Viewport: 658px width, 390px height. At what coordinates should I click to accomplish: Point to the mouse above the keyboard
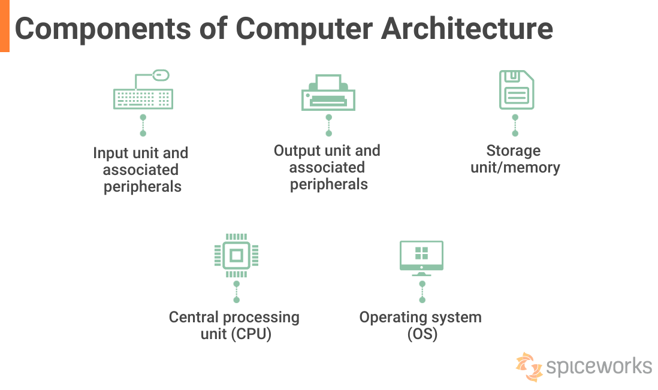[x=161, y=75]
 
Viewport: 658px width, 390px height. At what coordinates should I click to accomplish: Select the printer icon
[x=328, y=93]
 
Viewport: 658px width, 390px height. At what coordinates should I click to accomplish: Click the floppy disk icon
[x=516, y=90]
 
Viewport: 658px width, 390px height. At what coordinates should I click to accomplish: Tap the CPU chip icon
[x=236, y=255]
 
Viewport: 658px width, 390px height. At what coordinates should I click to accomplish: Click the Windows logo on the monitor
[x=421, y=253]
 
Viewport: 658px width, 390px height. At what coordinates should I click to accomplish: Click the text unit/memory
[x=515, y=168]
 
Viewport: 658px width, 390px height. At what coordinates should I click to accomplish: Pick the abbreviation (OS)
[x=422, y=334]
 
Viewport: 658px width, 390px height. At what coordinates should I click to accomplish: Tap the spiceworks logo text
[x=599, y=365]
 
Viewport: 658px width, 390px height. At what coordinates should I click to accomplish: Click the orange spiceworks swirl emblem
[x=529, y=366]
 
